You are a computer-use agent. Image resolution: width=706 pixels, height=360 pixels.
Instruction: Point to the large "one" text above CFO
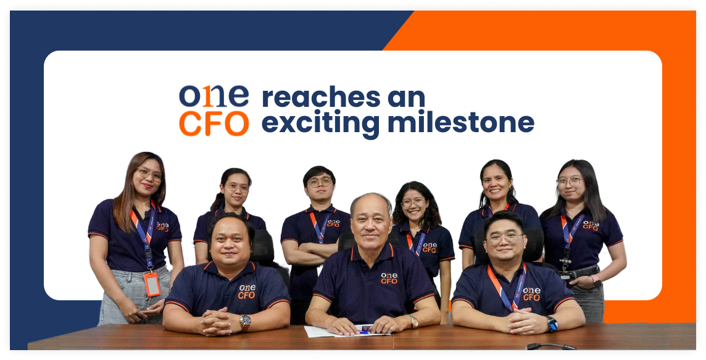click(x=214, y=96)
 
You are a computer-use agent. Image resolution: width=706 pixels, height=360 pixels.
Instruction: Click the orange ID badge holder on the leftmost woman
click(x=151, y=283)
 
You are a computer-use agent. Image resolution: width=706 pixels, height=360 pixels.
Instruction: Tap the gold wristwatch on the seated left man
click(x=245, y=321)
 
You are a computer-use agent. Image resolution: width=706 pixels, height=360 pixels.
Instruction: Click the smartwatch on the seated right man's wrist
click(x=551, y=323)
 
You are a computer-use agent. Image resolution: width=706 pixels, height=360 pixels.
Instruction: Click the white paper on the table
click(x=321, y=332)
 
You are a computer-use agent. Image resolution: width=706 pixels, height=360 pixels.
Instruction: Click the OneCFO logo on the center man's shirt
click(x=389, y=278)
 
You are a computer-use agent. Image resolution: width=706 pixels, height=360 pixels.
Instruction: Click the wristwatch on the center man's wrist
click(x=412, y=321)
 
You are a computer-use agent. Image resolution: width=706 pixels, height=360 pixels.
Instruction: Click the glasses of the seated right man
click(x=504, y=237)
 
